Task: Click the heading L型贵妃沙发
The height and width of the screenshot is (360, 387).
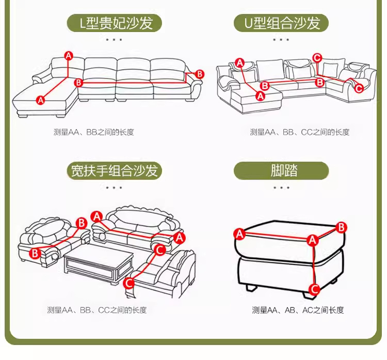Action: pos(114,23)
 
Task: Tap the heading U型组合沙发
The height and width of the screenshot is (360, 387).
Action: pos(281,23)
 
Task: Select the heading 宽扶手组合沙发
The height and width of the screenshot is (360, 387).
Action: pos(114,170)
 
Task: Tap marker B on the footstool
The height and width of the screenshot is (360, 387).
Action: pos(341,227)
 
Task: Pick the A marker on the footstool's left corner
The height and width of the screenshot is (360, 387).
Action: pos(239,234)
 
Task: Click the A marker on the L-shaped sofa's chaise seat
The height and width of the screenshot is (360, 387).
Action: pos(41,100)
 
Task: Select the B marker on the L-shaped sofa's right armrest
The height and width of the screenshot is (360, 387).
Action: pos(200,74)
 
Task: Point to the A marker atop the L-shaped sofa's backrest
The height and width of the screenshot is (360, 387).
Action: pos(69,55)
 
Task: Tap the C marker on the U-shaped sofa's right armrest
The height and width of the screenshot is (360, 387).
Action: pos(359,88)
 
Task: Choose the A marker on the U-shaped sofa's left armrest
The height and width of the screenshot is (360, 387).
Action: pos(239,63)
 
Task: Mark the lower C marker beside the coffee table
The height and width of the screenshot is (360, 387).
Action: pos(129,282)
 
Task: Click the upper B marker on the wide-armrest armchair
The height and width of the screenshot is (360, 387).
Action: pos(81,223)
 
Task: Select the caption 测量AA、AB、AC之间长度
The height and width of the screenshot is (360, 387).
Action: pos(298,310)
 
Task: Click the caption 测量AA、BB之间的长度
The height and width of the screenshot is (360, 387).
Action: pos(94,132)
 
